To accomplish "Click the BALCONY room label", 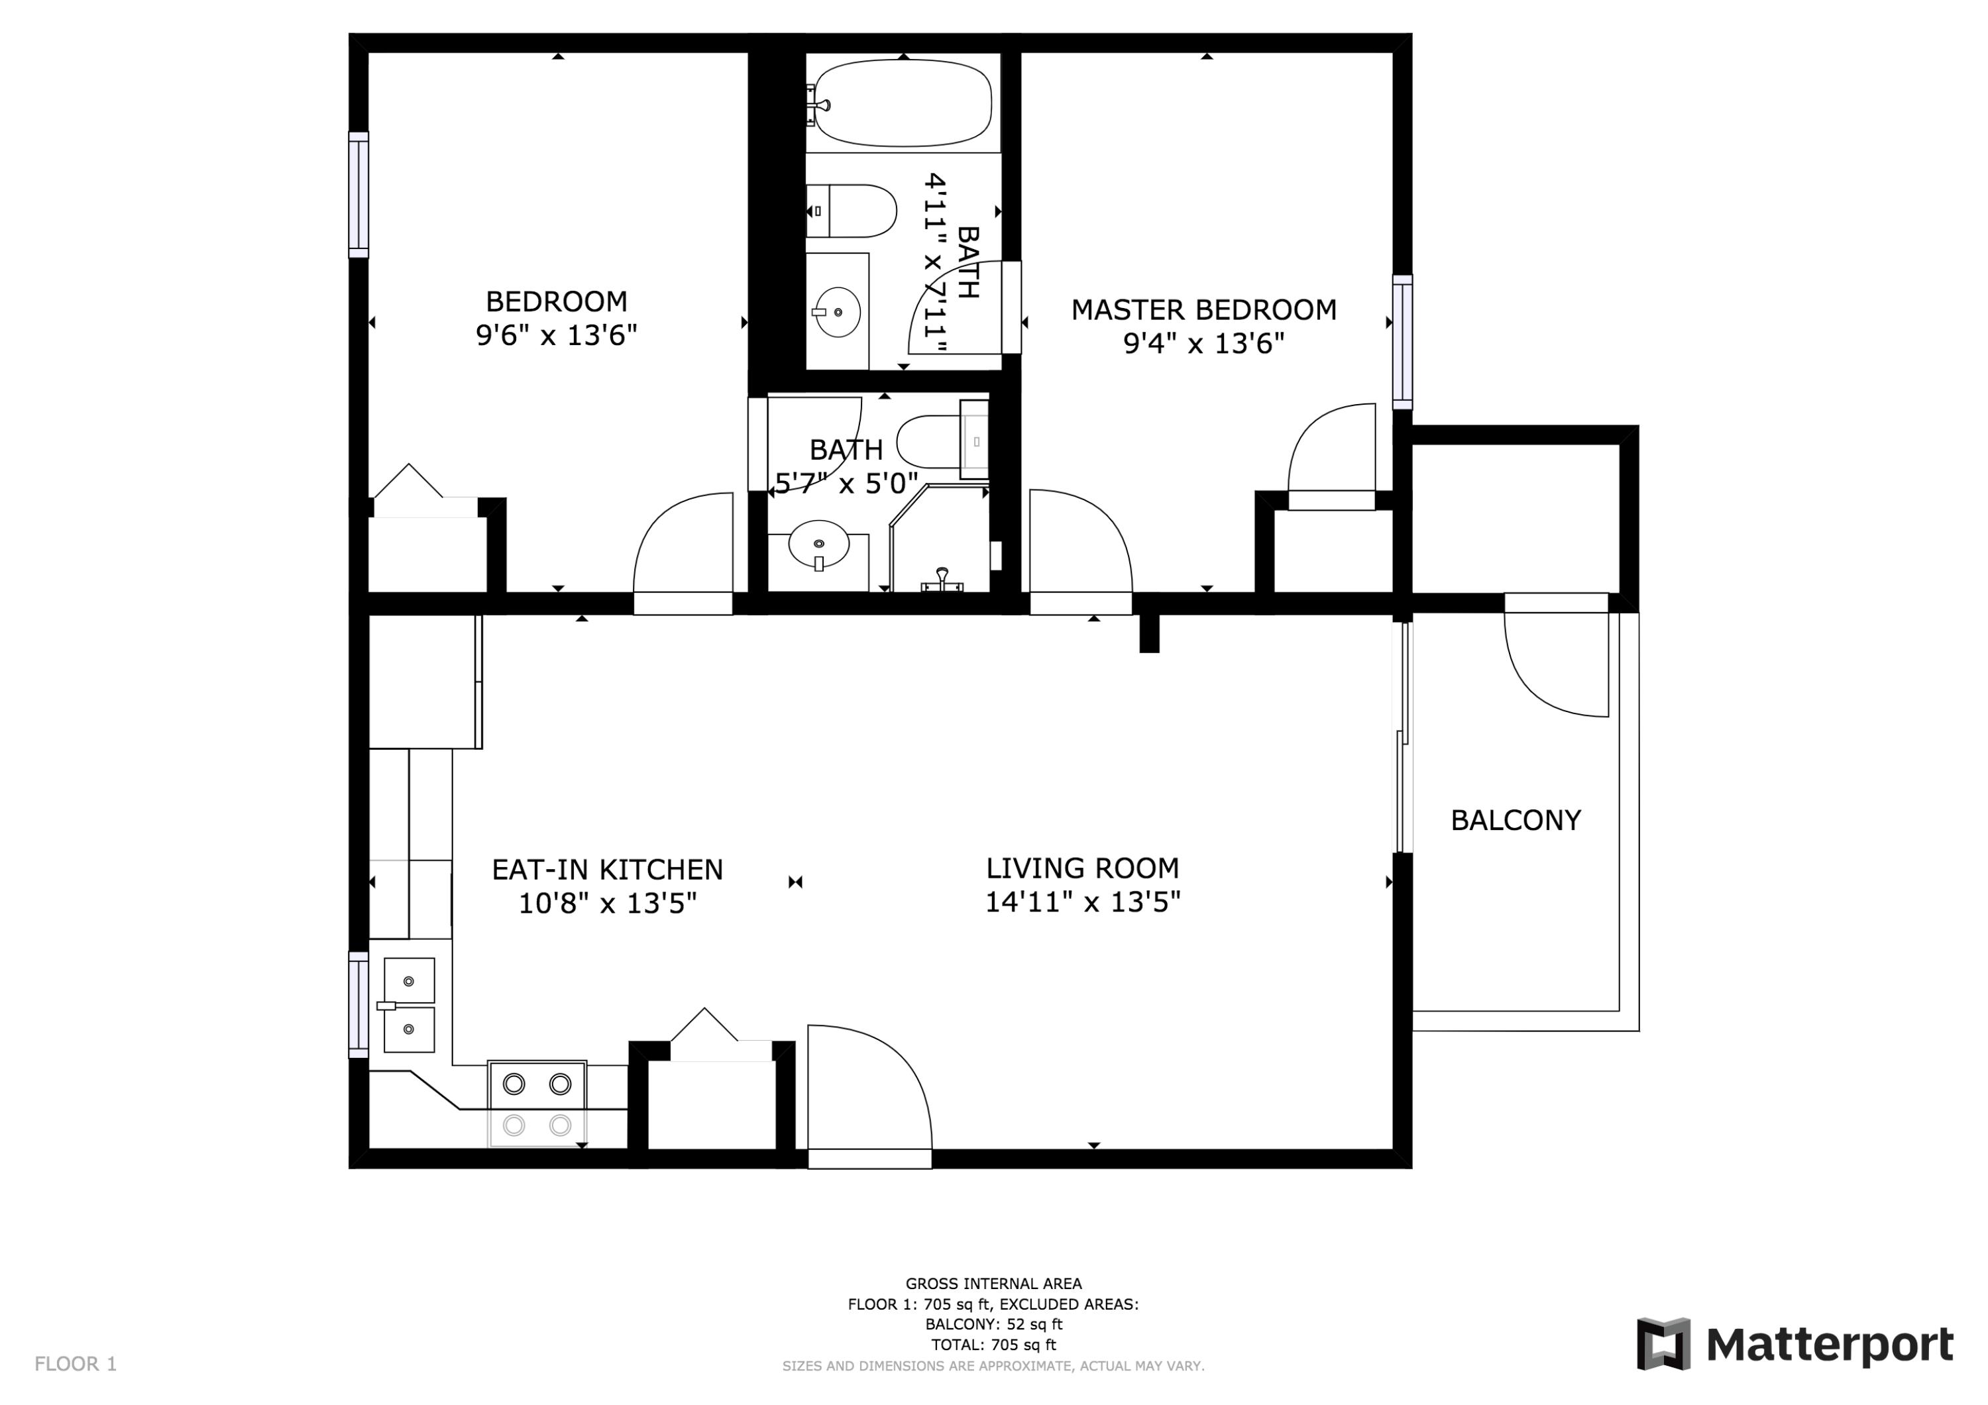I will coord(1516,820).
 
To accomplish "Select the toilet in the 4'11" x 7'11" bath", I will coord(853,211).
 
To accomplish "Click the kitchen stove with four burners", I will coord(537,1104).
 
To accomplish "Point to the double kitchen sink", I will coord(409,1005).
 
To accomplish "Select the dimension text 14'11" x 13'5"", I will coord(1082,903).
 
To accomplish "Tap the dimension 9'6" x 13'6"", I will coord(556,335).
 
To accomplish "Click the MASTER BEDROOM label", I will coord(1203,310).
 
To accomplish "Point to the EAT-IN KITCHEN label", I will coord(607,869).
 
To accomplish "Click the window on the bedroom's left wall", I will coord(359,195).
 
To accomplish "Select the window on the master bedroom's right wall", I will coord(1402,342).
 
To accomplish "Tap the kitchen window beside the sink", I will coord(359,1004).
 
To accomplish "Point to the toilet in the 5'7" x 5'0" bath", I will coord(935,441).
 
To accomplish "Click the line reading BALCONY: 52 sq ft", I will coord(993,1324).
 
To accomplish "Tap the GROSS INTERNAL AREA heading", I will coord(993,1284).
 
